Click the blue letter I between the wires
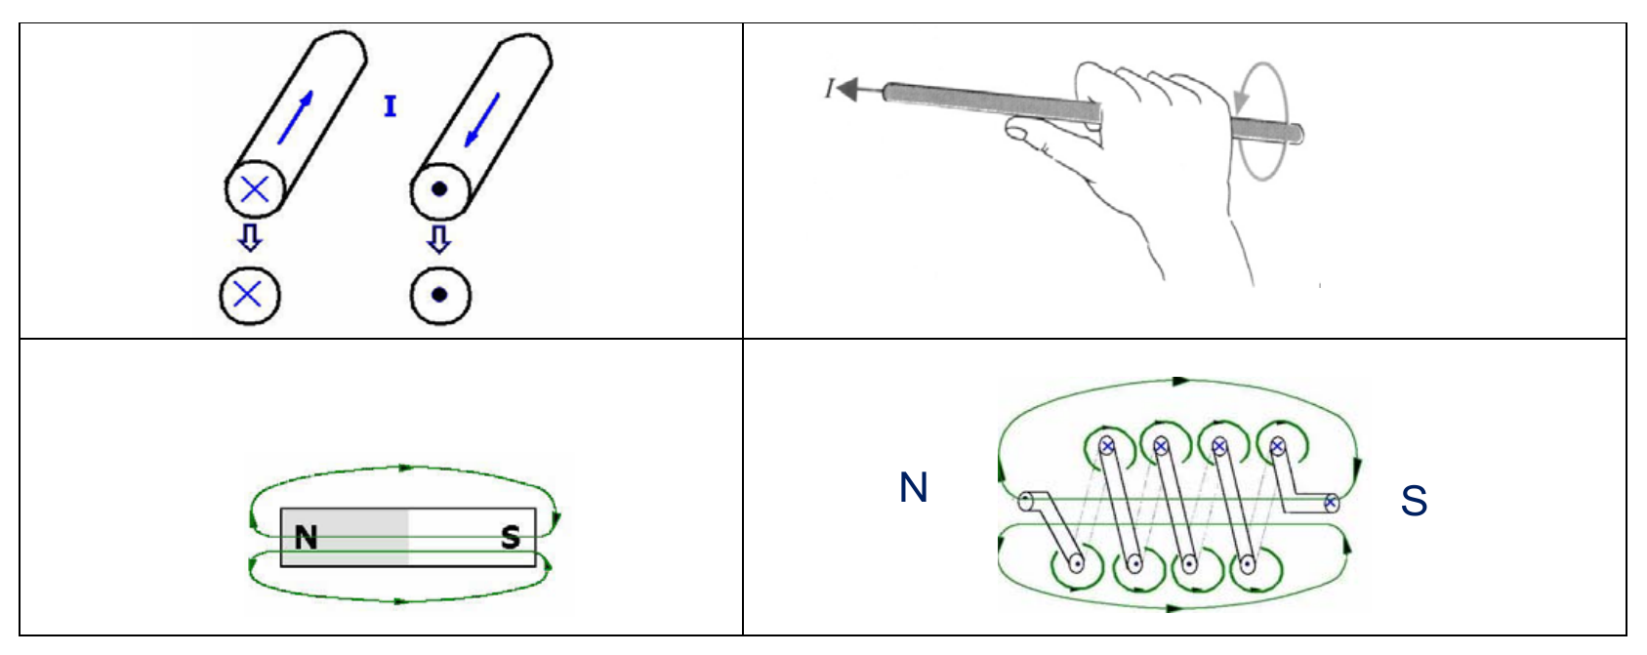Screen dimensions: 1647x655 click(391, 106)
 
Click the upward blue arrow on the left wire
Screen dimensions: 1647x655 click(296, 117)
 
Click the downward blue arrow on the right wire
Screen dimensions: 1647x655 click(482, 120)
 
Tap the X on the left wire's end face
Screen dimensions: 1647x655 click(255, 189)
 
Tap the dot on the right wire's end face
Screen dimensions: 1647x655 click(439, 189)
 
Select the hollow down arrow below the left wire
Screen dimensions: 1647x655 click(250, 238)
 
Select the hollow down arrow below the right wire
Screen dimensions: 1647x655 click(439, 239)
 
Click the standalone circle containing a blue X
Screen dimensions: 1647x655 click(249, 296)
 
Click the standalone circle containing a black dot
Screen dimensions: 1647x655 click(439, 296)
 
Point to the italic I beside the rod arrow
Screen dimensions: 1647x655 click(830, 89)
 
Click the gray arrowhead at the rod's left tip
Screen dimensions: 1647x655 click(847, 90)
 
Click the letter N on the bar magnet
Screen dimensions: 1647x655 click(306, 538)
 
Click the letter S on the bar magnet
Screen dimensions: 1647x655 click(511, 538)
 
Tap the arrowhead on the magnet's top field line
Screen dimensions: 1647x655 click(404, 468)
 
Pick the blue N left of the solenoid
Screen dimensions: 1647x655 click(914, 487)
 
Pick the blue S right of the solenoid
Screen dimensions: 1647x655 click(1414, 501)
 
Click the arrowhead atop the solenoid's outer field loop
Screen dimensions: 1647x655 click(1181, 381)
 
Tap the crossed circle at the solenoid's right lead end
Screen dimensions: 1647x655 click(1331, 503)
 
